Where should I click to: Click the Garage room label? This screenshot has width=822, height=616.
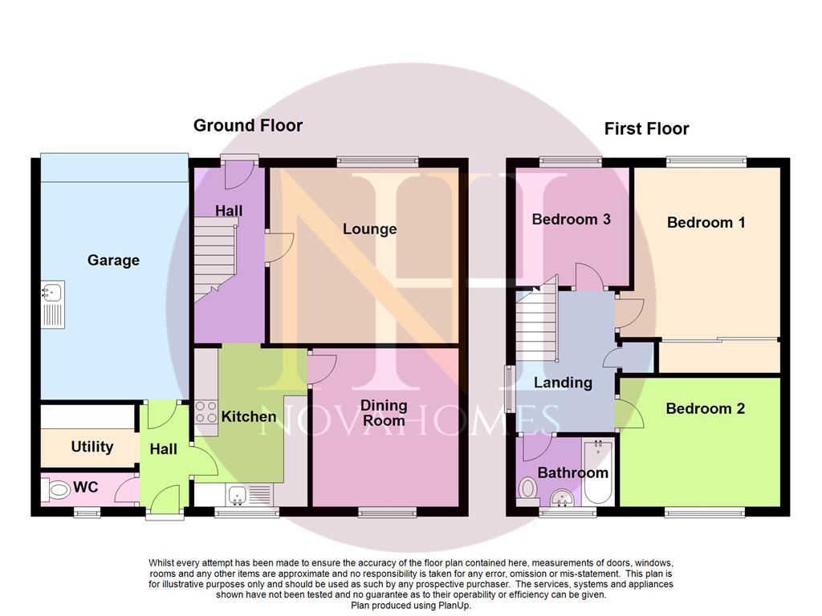[113, 261]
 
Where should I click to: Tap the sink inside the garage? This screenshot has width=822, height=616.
[54, 304]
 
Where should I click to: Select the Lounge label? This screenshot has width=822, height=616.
[369, 229]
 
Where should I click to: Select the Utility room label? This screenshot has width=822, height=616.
[92, 447]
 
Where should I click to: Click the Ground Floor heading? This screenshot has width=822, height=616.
[248, 125]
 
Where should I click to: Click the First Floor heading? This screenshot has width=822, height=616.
[646, 128]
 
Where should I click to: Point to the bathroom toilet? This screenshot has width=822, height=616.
[528, 488]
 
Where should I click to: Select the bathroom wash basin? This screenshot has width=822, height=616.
[562, 499]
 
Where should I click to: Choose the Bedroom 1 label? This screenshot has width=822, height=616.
[706, 222]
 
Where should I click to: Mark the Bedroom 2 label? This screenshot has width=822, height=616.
[705, 408]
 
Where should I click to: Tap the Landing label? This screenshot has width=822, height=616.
[563, 383]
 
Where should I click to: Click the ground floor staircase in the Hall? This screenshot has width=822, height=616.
[214, 257]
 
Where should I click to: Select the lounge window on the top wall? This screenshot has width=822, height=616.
[377, 161]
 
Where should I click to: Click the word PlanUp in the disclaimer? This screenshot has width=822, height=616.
[452, 606]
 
